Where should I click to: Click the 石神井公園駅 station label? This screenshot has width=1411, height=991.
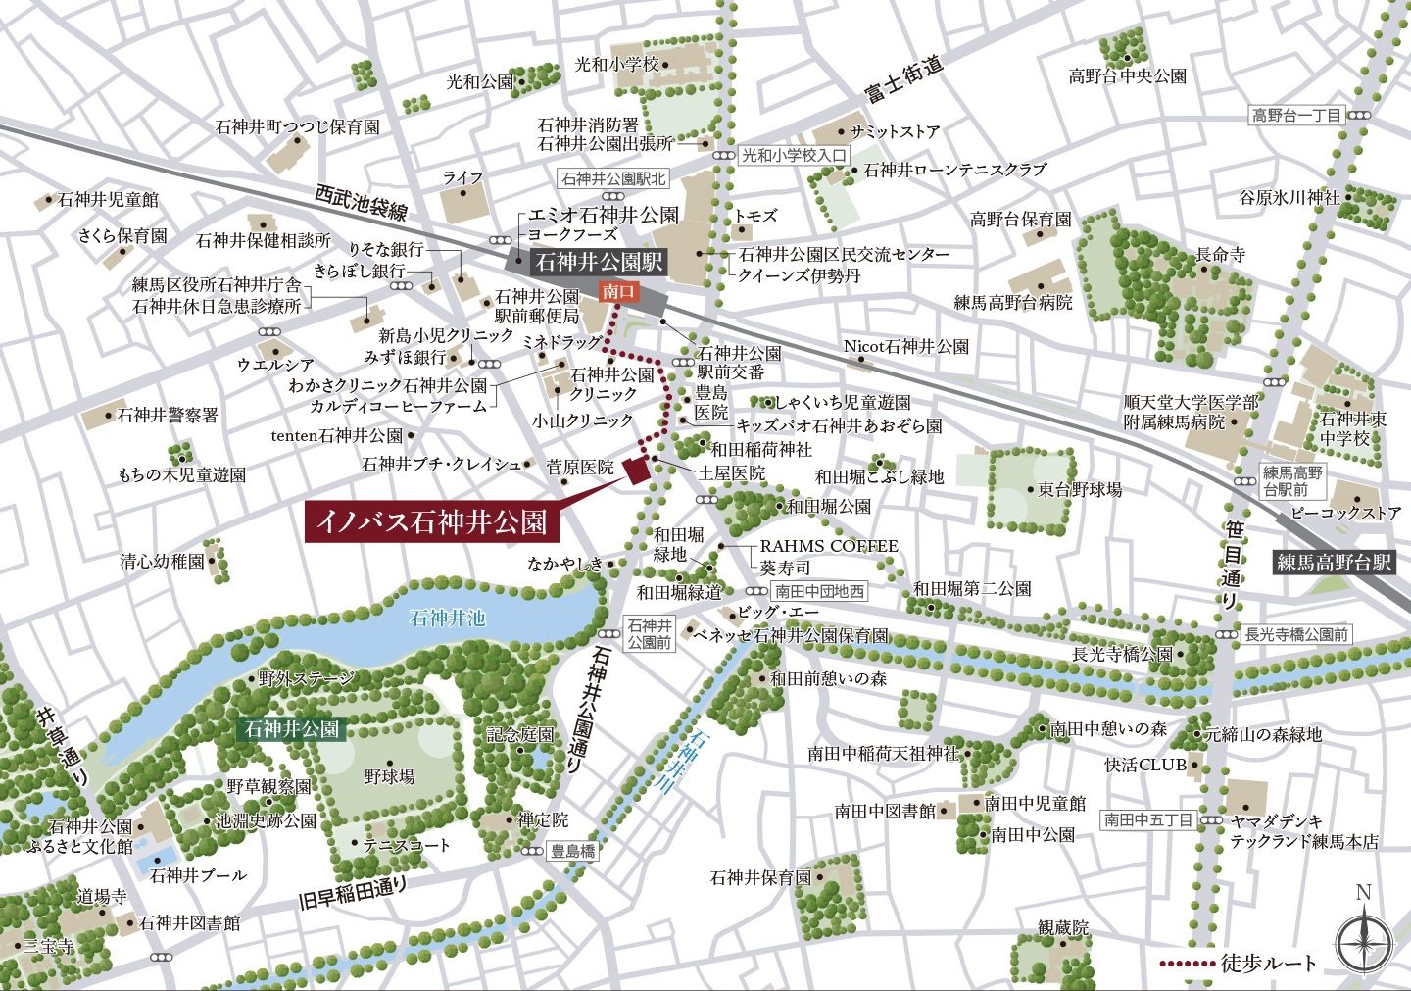coord(599,262)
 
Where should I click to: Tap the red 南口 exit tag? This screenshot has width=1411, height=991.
coord(618,291)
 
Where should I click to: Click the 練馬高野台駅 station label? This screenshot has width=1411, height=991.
coord(1334,563)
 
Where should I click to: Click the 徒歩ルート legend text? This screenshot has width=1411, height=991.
coord(1268,964)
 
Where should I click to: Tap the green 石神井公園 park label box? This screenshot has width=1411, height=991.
coord(292,729)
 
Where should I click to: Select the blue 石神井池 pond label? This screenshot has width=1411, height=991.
coord(447,619)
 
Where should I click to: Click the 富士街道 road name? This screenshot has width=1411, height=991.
coord(903,78)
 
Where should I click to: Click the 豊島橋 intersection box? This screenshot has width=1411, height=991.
coord(572,851)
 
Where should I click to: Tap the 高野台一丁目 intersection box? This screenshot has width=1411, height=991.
coord(1296,116)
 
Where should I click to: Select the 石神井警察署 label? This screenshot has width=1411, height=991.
coord(168,416)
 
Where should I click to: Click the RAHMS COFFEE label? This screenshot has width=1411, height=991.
coord(829,546)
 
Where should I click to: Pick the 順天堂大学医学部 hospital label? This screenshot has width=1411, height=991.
coord(1191,402)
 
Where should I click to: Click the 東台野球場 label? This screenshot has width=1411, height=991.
coord(1080,489)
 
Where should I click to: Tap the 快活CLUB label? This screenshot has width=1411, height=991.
coord(1144,765)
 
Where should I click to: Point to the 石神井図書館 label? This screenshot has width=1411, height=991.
coord(189,922)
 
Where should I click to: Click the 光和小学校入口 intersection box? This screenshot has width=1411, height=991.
coord(793,155)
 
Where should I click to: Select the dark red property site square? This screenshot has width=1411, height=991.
coord(637,469)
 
